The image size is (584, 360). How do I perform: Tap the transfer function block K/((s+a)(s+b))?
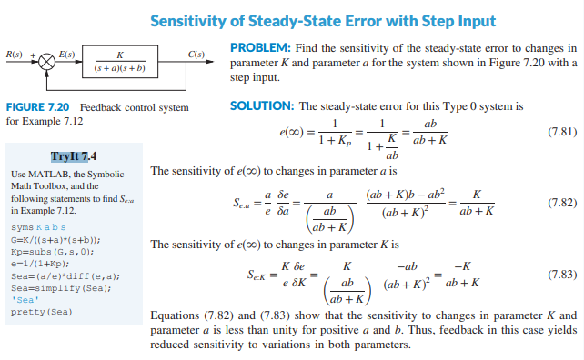tap(121, 63)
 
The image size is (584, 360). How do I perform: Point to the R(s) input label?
tap(15, 54)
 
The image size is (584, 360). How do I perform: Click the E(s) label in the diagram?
tap(66, 54)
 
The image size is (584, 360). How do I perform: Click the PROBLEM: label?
tap(262, 47)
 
